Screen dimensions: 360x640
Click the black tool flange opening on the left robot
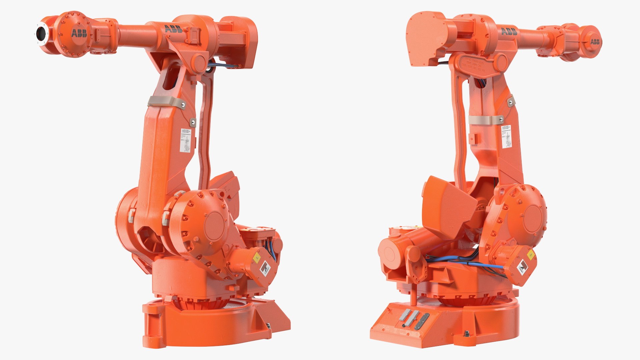tap(41, 33)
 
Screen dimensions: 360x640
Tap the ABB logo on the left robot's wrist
tap(79, 33)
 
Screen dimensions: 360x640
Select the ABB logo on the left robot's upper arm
tap(173, 29)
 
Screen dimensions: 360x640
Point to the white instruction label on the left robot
tap(185, 140)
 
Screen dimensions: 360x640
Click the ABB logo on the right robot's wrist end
tap(595, 42)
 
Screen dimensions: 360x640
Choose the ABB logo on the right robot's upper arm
tap(509, 32)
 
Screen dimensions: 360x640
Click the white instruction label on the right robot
tap(506, 137)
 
